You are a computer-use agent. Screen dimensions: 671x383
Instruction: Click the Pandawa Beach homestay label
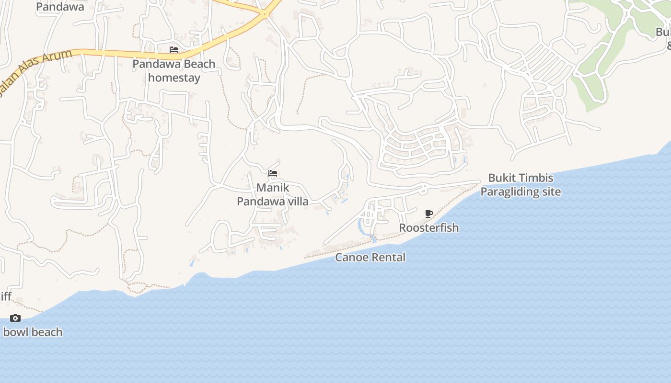pyautogui.click(x=174, y=71)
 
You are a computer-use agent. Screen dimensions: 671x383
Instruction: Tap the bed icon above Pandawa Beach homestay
pyautogui.click(x=174, y=50)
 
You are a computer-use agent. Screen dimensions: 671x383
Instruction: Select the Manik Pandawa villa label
pyautogui.click(x=273, y=194)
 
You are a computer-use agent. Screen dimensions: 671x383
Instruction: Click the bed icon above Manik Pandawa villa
pyautogui.click(x=273, y=173)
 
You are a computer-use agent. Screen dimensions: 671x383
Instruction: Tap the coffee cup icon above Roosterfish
pyautogui.click(x=429, y=214)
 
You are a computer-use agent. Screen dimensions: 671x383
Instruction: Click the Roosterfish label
pyautogui.click(x=429, y=228)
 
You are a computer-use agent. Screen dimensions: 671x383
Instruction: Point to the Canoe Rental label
pyautogui.click(x=370, y=258)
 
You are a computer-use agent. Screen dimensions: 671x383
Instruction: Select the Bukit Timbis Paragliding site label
pyautogui.click(x=521, y=185)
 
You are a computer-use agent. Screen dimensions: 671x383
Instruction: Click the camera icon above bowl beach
pyautogui.click(x=15, y=318)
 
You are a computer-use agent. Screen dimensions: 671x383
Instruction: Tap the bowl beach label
pyautogui.click(x=33, y=332)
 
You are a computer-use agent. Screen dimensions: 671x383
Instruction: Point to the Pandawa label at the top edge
pyautogui.click(x=60, y=7)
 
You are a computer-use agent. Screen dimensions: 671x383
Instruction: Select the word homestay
pyautogui.click(x=174, y=78)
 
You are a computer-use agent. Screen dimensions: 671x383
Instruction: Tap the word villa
pyautogui.click(x=298, y=201)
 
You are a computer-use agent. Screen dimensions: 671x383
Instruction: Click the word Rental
pyautogui.click(x=388, y=258)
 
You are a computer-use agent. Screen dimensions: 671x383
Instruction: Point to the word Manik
pyautogui.click(x=273, y=187)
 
